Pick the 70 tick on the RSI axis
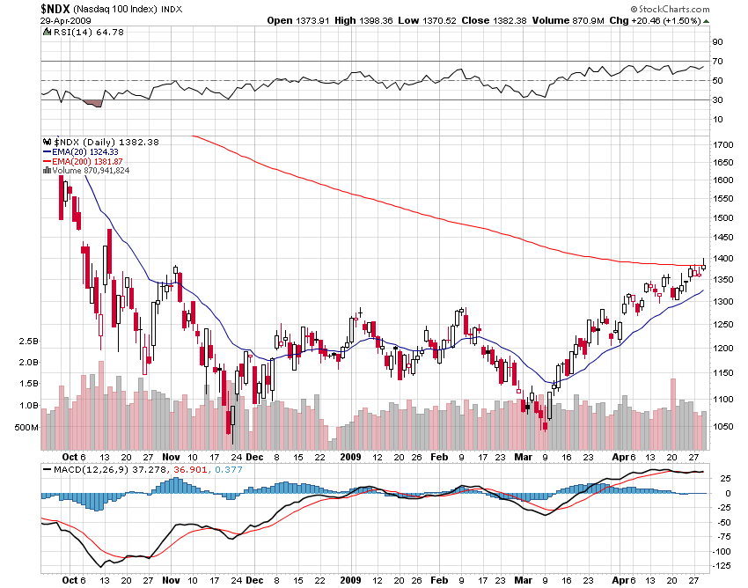(x=717, y=61)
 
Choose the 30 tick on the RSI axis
(x=717, y=99)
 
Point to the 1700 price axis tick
(x=723, y=143)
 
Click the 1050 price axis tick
(x=723, y=426)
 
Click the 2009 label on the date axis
(x=351, y=457)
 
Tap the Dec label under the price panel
(x=254, y=457)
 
